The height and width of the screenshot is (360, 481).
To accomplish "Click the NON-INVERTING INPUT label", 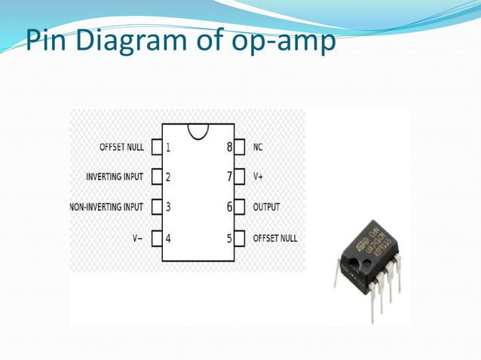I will (106, 207).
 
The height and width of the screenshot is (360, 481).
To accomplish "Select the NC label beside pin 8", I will (258, 148).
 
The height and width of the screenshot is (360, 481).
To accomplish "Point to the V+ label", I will (259, 177).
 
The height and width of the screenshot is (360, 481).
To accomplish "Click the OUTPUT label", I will (266, 207).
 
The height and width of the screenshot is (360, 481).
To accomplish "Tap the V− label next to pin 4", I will (137, 238).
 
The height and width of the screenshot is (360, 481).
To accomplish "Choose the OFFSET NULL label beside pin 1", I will (121, 148).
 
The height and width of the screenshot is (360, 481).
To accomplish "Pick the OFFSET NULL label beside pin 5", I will (275, 238).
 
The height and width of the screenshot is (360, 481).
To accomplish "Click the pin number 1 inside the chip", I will (168, 148).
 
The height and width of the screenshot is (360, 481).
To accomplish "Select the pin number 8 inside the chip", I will (229, 148).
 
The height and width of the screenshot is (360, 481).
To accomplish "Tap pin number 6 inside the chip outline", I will (229, 207).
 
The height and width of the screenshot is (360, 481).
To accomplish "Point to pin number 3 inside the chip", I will (168, 207).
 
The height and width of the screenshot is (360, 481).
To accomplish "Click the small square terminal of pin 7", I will (239, 177).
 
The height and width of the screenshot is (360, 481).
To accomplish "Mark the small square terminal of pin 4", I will (157, 238).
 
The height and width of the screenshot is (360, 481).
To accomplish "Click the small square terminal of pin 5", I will (239, 238).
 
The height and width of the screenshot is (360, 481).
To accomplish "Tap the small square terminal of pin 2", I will (157, 177).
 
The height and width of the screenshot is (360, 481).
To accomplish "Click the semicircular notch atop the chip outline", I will (198, 130).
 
